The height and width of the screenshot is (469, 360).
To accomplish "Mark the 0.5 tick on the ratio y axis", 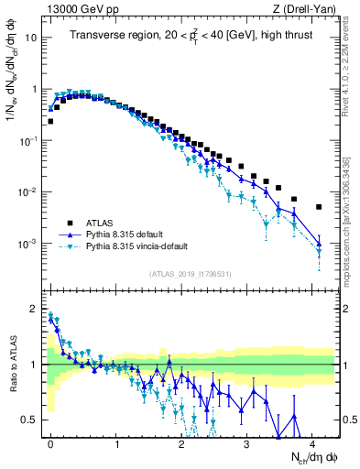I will pos(31,420).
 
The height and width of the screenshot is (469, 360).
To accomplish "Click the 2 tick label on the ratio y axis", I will pos(35,308).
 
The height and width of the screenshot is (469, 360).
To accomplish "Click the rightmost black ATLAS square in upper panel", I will pos(319,207).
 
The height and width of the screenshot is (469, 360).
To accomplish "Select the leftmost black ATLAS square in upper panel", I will pos(50,121).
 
